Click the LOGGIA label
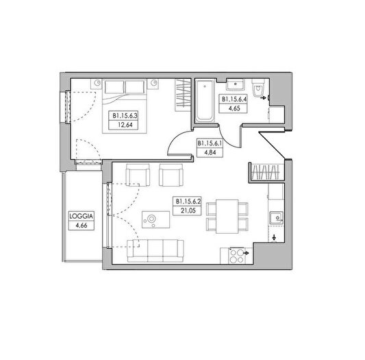tap(81, 216)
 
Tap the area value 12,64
tap(125, 125)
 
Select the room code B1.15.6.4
tap(234, 99)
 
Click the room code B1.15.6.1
tap(210, 143)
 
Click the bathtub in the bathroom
tap(205, 101)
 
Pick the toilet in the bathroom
tap(258, 88)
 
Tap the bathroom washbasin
tap(236, 84)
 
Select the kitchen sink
tap(276, 218)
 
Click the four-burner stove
tap(237, 256)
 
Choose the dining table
tap(227, 217)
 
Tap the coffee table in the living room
tap(155, 219)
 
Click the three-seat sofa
tap(155, 251)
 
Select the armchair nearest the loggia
tap(138, 175)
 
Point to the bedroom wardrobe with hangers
tap(183, 95)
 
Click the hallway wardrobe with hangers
tap(266, 173)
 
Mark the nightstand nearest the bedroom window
tap(97, 84)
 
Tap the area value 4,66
tap(81, 226)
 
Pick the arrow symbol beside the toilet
tap(263, 98)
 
